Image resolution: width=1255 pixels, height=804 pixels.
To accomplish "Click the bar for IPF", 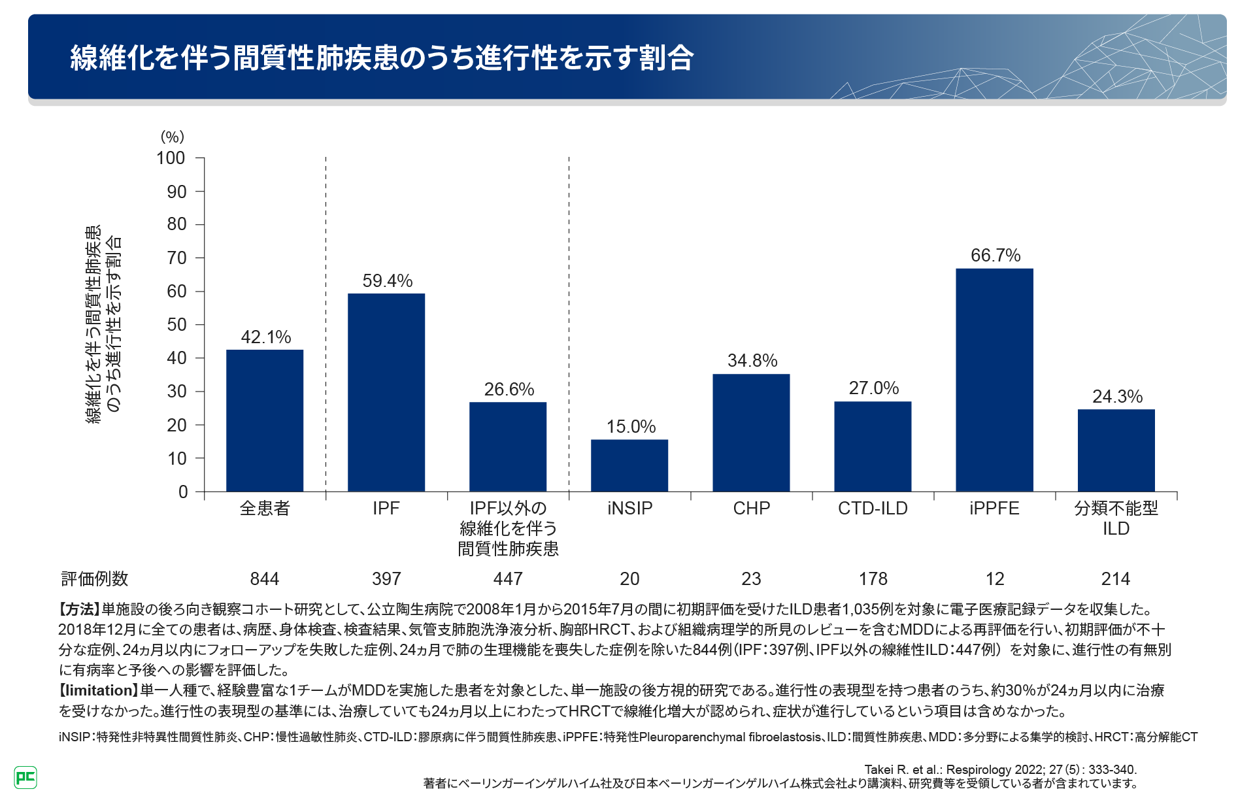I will click(386, 392).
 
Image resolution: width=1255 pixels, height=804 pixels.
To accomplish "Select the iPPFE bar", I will click(994, 380).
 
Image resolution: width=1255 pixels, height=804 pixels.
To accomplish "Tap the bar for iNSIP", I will click(629, 465).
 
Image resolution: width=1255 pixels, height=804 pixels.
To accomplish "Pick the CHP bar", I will click(751, 433).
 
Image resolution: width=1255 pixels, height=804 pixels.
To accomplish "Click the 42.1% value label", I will click(265, 337).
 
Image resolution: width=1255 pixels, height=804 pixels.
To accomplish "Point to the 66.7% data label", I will click(995, 256).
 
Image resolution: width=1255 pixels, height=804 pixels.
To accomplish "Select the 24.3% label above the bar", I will click(1117, 397).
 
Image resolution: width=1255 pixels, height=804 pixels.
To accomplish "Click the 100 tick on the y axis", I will click(171, 158).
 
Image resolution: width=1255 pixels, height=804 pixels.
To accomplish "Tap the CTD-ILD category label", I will click(873, 509).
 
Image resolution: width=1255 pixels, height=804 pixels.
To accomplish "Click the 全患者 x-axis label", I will click(265, 509).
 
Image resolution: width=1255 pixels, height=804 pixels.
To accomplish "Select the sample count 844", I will click(265, 579).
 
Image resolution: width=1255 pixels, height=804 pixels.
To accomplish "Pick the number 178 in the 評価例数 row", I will click(873, 579).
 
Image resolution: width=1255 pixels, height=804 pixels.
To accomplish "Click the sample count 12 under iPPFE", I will click(994, 579).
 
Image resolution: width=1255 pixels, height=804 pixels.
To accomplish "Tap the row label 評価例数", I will click(95, 579).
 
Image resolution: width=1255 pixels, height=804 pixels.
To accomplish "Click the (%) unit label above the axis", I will click(173, 137).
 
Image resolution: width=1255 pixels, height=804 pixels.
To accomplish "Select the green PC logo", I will click(25, 777).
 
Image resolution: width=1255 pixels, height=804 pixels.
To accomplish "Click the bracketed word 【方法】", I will click(79, 610).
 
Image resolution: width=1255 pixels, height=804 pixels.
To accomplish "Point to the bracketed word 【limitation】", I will click(99, 691).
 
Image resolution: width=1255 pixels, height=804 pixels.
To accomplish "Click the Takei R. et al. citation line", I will click(1000, 769).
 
